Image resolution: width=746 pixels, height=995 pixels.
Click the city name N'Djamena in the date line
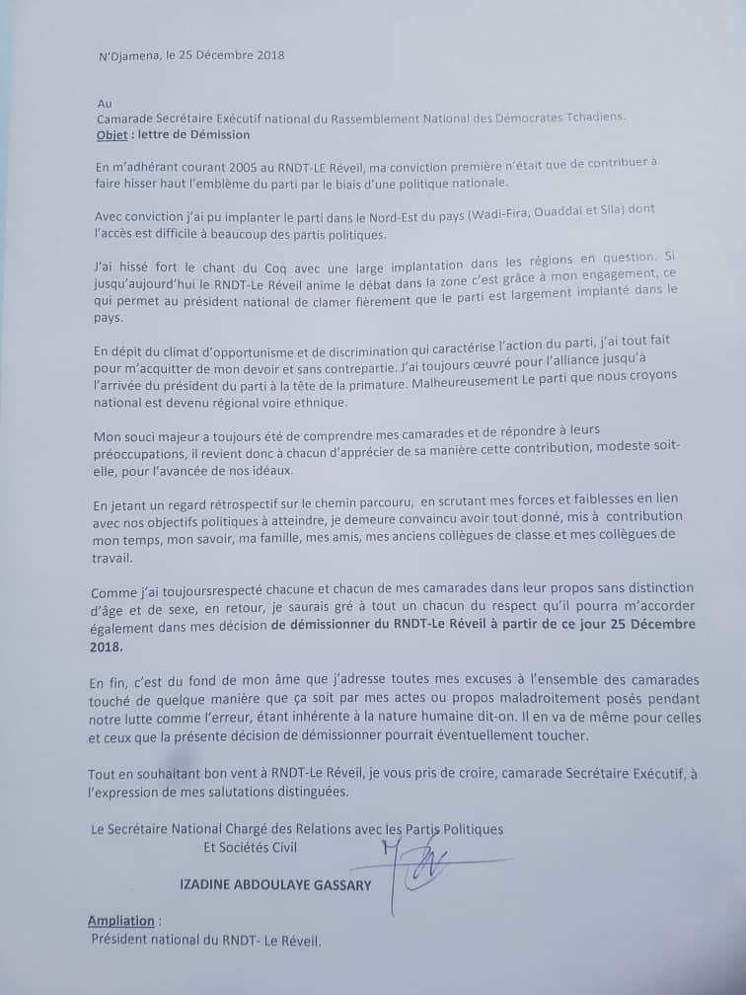[x=132, y=56]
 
